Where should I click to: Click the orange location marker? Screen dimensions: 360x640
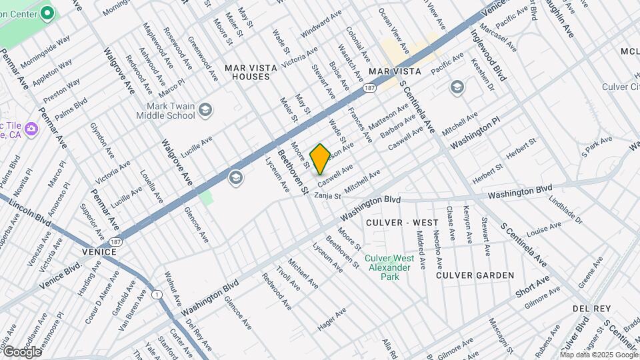click(320, 158)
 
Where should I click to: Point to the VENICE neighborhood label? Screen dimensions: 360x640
click(99, 252)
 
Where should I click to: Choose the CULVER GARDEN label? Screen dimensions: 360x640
click(475, 275)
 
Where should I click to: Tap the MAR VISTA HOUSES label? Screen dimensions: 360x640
click(247, 72)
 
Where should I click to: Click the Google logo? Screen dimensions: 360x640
click(21, 351)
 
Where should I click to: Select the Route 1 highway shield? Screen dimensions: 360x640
click(157, 295)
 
